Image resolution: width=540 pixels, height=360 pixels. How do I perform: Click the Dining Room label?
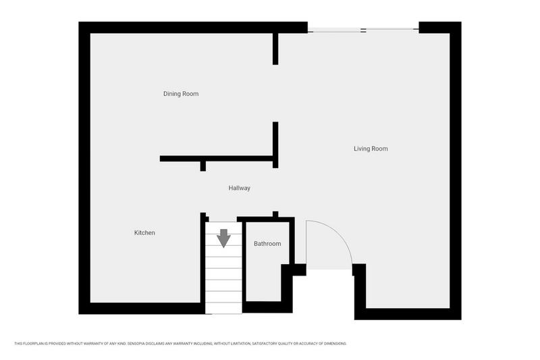(181, 94)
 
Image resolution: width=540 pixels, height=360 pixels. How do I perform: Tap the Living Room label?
(371, 149)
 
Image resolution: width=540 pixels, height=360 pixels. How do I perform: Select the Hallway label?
(239, 188)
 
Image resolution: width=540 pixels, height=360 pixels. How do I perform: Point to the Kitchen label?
(144, 233)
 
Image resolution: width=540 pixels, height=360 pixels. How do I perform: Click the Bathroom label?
(267, 244)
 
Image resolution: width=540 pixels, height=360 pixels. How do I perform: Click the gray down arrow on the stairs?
(223, 238)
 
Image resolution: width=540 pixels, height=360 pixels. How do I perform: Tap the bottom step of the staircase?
(223, 307)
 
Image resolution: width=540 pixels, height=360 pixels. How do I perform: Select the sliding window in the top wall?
(363, 30)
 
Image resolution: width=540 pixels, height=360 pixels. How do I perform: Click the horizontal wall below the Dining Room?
(216, 159)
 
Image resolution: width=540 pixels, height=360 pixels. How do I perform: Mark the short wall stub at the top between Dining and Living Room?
(275, 49)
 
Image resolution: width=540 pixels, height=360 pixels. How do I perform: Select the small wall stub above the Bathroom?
(275, 215)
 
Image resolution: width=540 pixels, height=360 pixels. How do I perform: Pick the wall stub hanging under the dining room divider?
(202, 166)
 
